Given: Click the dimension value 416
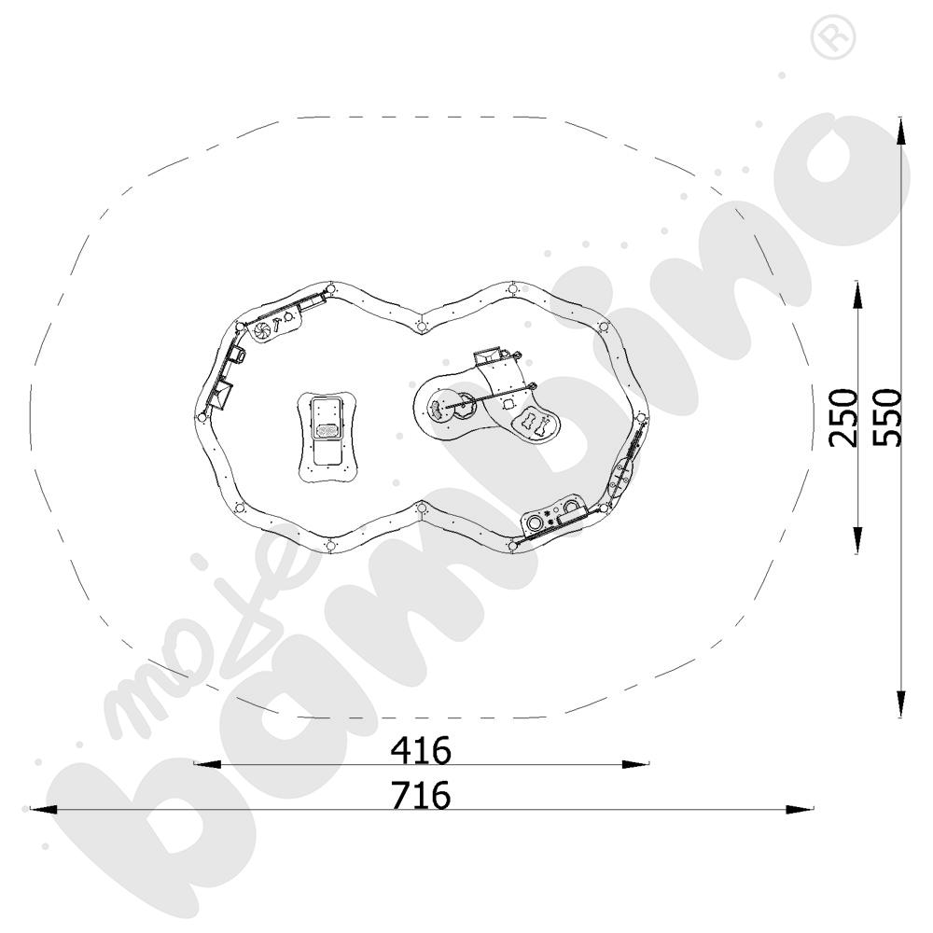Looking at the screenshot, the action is pyautogui.click(x=421, y=751).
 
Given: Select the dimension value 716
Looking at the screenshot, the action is pyautogui.click(x=421, y=795).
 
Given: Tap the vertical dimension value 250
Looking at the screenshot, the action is pyautogui.click(x=843, y=417).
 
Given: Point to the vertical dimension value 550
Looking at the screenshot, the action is pyautogui.click(x=888, y=417).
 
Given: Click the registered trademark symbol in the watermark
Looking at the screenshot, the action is pyautogui.click(x=833, y=37).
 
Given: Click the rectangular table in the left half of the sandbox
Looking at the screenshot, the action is pyautogui.click(x=327, y=437).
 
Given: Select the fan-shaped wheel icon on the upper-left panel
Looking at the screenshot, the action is pyautogui.click(x=262, y=331).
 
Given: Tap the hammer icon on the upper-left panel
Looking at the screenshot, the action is pyautogui.click(x=277, y=325).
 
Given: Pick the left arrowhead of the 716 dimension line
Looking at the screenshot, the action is pyautogui.click(x=43, y=809).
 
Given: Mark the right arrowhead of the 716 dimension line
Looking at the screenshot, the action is pyautogui.click(x=800, y=809).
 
